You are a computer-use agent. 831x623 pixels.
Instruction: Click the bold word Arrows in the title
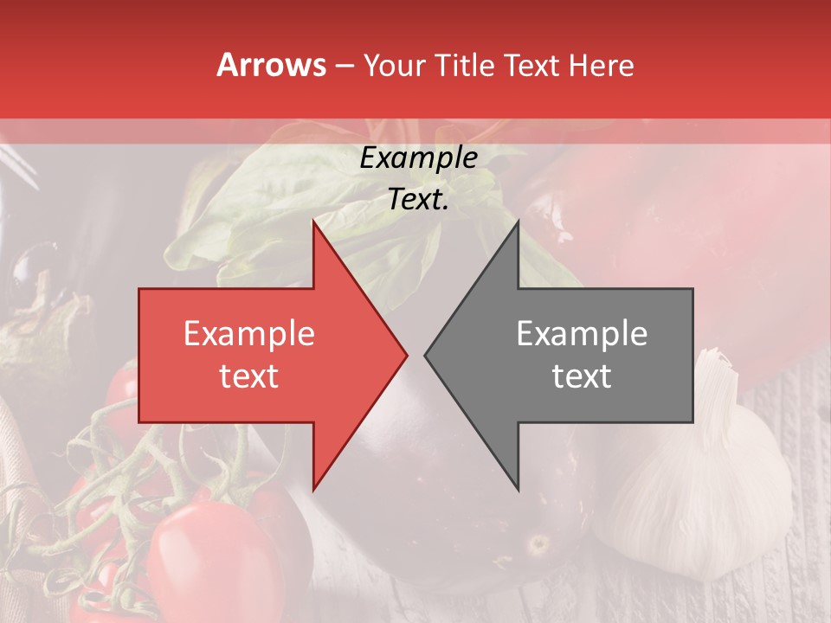point(272,65)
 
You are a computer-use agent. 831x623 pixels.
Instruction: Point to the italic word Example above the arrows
point(418,158)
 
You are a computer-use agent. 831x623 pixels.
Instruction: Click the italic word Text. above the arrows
point(418,199)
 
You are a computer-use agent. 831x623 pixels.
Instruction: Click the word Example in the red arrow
point(249,334)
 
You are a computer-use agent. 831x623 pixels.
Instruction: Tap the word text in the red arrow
point(249,376)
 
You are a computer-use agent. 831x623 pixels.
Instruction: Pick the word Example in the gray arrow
point(582,334)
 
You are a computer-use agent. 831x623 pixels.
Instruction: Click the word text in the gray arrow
point(582,376)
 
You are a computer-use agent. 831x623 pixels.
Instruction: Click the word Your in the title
point(395,66)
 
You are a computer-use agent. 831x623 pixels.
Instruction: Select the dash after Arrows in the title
point(345,66)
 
